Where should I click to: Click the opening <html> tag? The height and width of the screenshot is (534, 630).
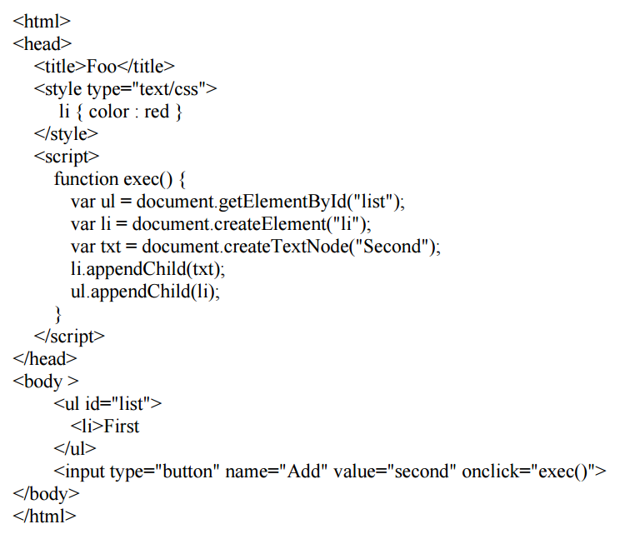pyautogui.click(x=42, y=22)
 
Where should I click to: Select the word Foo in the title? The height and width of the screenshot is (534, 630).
pyautogui.click(x=102, y=67)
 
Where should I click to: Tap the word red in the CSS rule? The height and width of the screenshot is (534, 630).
pyautogui.click(x=157, y=112)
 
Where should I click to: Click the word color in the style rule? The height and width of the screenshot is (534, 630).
pyautogui.click(x=109, y=112)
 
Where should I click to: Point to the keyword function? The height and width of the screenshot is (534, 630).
pyautogui.click(x=86, y=179)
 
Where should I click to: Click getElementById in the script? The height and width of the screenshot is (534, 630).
pyautogui.click(x=282, y=202)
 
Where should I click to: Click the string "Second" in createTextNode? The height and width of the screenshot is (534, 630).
pyautogui.click(x=393, y=247)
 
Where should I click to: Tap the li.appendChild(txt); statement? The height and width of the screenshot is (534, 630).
pyautogui.click(x=147, y=269)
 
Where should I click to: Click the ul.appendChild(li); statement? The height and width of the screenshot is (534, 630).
pyautogui.click(x=146, y=292)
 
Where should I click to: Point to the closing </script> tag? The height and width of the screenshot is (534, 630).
pyautogui.click(x=69, y=337)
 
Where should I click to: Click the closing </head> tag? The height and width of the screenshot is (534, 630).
pyautogui.click(x=45, y=359)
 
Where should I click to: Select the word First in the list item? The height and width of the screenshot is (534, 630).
pyautogui.click(x=122, y=427)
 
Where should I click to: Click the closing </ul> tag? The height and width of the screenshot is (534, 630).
pyautogui.click(x=75, y=449)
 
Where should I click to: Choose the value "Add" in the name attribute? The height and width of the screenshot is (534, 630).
pyautogui.click(x=303, y=472)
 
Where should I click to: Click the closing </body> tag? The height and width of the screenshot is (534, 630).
pyautogui.click(x=46, y=494)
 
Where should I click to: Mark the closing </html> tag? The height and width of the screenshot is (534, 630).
pyautogui.click(x=44, y=517)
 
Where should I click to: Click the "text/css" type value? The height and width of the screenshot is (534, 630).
pyautogui.click(x=169, y=89)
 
